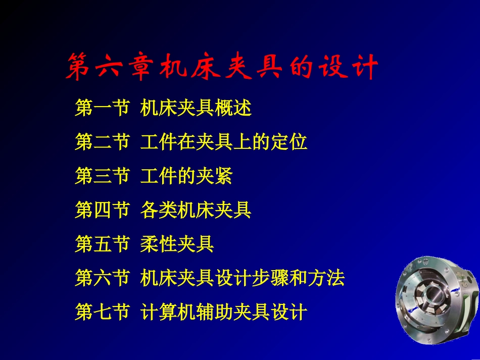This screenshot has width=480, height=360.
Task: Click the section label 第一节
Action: click(102, 109)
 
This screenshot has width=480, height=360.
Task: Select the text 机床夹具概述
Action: click(196, 109)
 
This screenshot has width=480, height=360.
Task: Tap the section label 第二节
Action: click(102, 142)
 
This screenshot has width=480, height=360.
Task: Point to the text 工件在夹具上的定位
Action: click(223, 142)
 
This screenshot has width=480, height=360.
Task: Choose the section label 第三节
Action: click(102, 176)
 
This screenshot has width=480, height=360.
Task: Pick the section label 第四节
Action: click(102, 210)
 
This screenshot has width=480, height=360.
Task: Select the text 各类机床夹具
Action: click(196, 210)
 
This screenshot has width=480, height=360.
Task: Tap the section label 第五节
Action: click(102, 244)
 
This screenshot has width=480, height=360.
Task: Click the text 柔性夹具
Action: click(177, 244)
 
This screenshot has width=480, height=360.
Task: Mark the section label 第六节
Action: click(102, 278)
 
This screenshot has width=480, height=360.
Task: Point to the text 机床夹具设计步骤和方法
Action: click(242, 278)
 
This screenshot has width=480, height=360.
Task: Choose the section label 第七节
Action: click(102, 312)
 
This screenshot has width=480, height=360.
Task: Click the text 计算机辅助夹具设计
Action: click(223, 312)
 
